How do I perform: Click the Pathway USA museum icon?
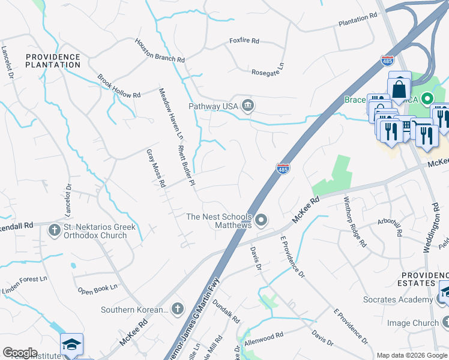[x=247, y=106]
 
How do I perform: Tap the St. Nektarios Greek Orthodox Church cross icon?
[x=55, y=229]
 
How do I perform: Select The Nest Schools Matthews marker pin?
[x=261, y=221]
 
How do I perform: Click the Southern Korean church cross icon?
[x=177, y=309]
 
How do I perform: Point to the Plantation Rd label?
[x=357, y=20]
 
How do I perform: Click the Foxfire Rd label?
[x=244, y=41]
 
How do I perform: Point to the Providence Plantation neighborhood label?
[x=53, y=60]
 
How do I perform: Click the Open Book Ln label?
[x=98, y=289]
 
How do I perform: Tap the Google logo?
[x=20, y=353]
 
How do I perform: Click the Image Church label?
[x=413, y=323]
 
